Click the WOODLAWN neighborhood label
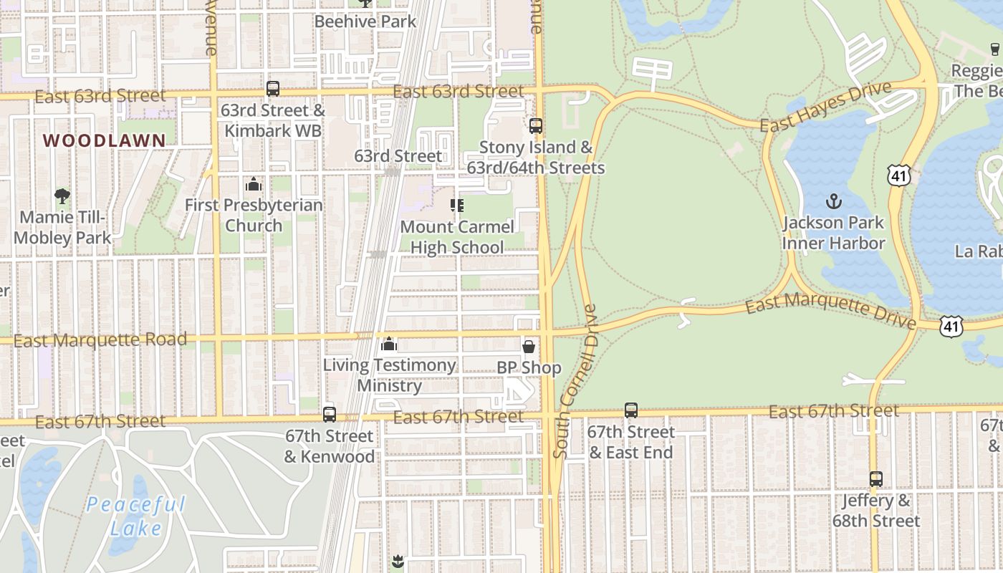(x=105, y=140)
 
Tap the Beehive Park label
(x=365, y=21)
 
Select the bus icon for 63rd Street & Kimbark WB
(x=273, y=89)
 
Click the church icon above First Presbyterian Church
(x=253, y=185)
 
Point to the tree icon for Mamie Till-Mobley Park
(x=62, y=196)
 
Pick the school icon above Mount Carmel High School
(x=457, y=206)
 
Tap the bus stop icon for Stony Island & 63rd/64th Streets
(x=536, y=126)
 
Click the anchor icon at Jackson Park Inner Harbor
(x=833, y=201)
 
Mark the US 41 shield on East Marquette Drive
(x=951, y=327)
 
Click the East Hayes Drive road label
(x=825, y=107)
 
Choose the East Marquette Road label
(x=100, y=340)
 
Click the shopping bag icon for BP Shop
(x=529, y=347)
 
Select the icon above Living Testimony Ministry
(x=389, y=345)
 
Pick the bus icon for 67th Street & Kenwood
(x=330, y=414)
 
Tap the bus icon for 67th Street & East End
(x=631, y=410)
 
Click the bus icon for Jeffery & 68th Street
(x=875, y=478)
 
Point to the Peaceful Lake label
(x=136, y=516)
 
